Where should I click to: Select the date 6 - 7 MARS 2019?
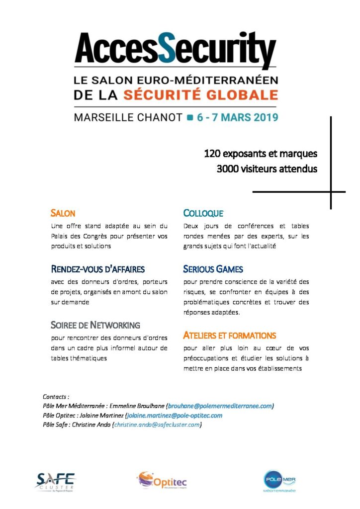point(238,118)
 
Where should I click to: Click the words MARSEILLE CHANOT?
point(128,118)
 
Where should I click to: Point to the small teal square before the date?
point(189,118)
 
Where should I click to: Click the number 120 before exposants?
point(212,154)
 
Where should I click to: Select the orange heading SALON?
point(63,214)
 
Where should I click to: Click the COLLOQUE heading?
point(203,214)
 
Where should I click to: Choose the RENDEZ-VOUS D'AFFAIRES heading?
point(97,269)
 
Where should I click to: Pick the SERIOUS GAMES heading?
point(213,269)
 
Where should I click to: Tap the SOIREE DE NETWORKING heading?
point(95,326)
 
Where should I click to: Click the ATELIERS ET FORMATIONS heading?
point(229,336)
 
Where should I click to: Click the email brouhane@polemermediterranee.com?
point(220,406)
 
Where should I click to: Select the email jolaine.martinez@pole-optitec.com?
point(175,416)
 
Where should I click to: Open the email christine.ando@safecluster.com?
point(157,425)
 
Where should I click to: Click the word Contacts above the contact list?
point(56,397)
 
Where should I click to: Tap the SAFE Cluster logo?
point(55,481)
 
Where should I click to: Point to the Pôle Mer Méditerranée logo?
point(279,480)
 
